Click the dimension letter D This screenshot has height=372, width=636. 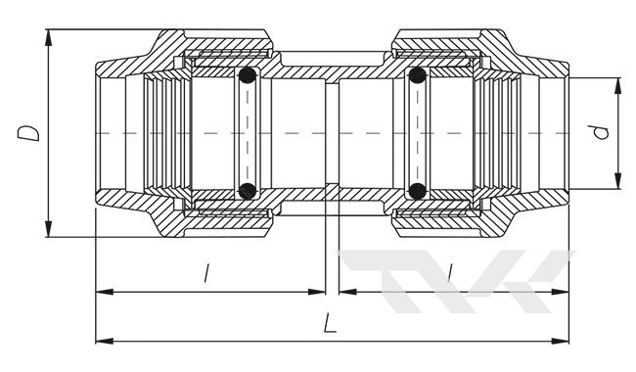pos(28,133)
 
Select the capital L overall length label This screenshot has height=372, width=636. pos(330,323)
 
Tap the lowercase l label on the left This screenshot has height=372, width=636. pos(206,273)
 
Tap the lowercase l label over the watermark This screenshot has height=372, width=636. pos(449,272)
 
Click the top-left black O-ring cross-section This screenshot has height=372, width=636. pos(247,75)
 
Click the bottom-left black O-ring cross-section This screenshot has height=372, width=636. pos(247,191)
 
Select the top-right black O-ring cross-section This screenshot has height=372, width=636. pos(418,75)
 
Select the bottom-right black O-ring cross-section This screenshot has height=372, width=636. pos(418,191)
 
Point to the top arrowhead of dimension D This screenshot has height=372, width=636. pos(49,37)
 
